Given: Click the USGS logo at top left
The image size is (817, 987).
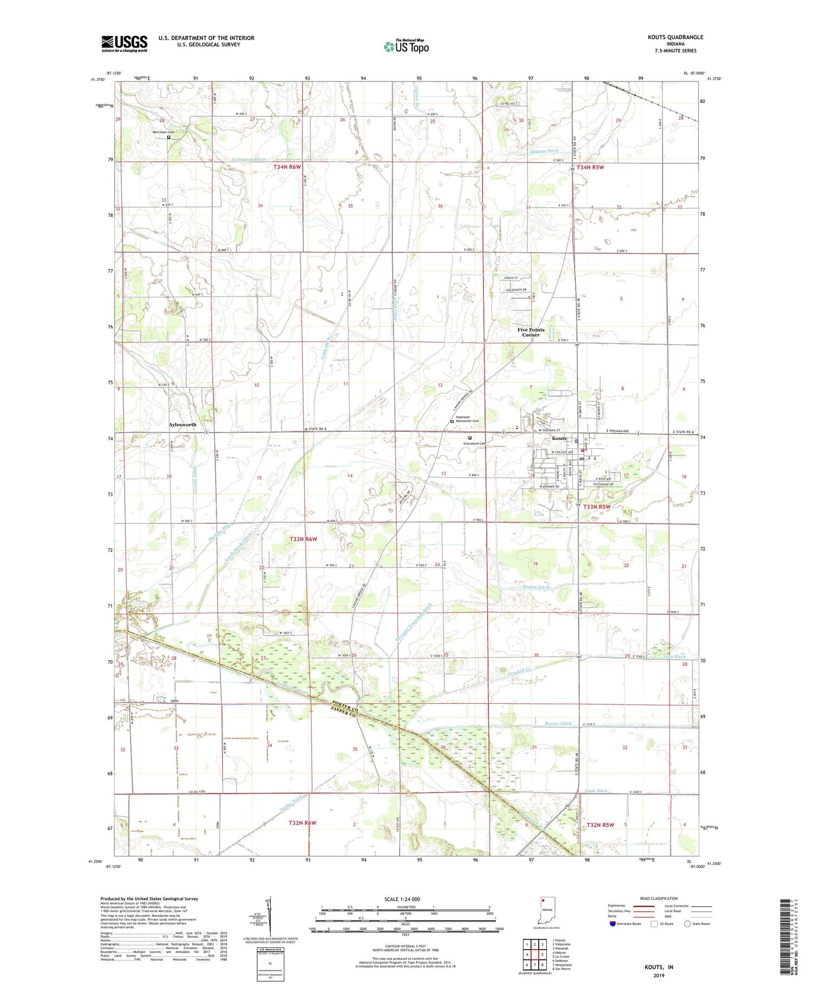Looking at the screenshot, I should click(x=124, y=44).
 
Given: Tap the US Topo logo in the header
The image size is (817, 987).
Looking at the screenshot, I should click(x=405, y=46).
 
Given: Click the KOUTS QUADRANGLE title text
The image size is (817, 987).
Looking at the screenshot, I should click(x=675, y=37).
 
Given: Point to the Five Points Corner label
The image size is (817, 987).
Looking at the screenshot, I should click(x=530, y=332).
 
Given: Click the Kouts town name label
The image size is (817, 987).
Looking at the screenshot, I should click(x=559, y=438).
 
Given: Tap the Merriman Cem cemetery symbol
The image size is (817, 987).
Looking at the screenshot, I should click(x=168, y=137).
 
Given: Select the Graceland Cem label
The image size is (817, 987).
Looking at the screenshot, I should click(x=475, y=443).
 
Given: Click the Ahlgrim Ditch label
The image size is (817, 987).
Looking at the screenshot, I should click(x=543, y=151).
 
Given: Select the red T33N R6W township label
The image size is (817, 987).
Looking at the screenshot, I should click(x=303, y=539).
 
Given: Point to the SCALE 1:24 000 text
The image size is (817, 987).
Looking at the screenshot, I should click(x=402, y=899).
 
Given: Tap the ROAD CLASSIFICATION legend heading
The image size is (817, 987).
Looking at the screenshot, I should click(x=659, y=898).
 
